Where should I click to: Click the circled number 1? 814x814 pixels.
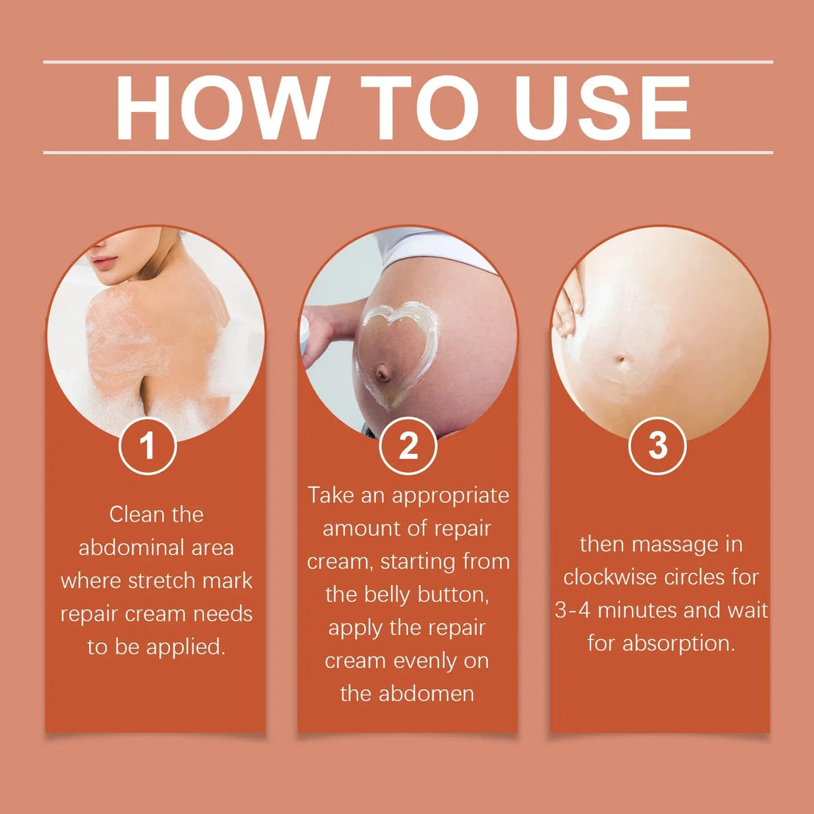point(148,447)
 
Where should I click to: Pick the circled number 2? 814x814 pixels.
point(408,447)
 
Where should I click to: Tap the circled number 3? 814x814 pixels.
point(657,447)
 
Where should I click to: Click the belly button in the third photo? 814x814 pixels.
point(620,360)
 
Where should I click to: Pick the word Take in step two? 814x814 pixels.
point(332,495)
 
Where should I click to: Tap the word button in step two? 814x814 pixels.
point(448,594)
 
